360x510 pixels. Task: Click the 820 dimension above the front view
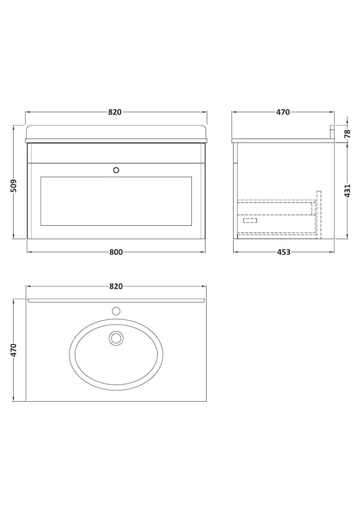(x=115, y=112)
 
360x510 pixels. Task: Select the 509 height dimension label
(x=14, y=186)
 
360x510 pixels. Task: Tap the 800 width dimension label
(x=116, y=252)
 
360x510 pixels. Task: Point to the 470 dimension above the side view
(x=283, y=112)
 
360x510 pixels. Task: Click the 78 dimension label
(x=348, y=133)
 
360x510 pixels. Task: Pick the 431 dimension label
(x=348, y=190)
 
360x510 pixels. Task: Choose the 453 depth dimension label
(x=284, y=252)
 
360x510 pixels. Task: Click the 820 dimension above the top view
(x=116, y=286)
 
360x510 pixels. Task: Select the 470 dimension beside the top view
(x=14, y=350)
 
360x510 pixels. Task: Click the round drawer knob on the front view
(x=116, y=170)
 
